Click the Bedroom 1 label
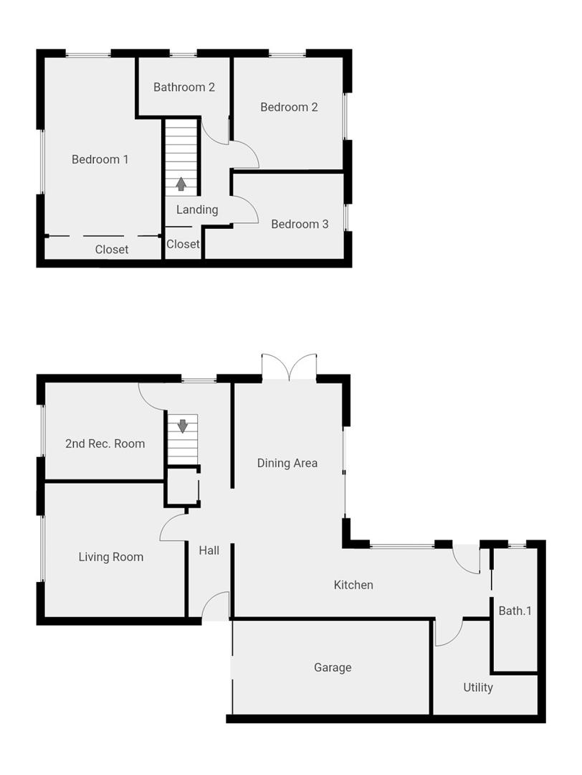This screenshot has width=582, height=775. (100, 159)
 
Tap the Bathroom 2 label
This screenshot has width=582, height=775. (184, 88)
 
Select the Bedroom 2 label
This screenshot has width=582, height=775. (289, 108)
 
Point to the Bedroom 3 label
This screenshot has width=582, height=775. (300, 225)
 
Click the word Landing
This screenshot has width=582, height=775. (197, 210)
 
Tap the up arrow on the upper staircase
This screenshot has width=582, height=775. (181, 184)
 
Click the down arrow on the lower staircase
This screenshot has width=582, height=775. (183, 426)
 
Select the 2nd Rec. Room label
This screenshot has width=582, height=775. (105, 443)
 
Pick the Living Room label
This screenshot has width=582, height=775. (111, 557)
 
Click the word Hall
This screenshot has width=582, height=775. (209, 550)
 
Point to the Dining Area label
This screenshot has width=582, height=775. (287, 463)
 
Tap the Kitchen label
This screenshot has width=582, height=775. (353, 585)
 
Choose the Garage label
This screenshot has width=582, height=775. (333, 667)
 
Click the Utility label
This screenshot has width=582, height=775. (478, 687)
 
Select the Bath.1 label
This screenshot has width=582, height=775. (515, 611)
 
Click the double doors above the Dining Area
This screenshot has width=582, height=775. (289, 367)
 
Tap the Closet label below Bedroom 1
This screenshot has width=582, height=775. (112, 250)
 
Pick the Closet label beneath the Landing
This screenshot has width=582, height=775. (183, 244)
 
